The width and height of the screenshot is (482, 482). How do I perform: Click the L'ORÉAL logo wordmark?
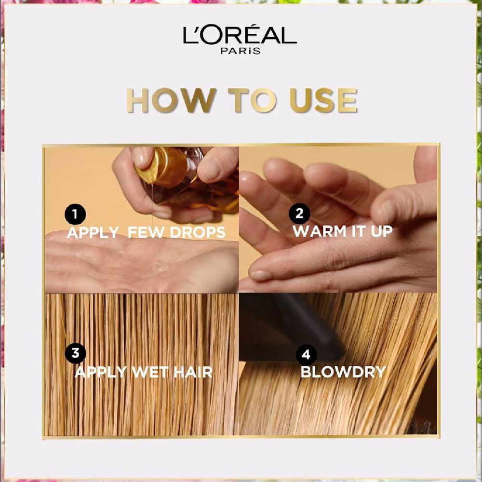[x=240, y=36]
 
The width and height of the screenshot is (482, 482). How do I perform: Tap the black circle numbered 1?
[x=75, y=214]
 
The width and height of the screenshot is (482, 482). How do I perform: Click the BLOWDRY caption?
[x=343, y=372]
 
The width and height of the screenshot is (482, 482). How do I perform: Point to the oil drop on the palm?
[x=161, y=265]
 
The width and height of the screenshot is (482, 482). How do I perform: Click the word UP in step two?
[x=380, y=230]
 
